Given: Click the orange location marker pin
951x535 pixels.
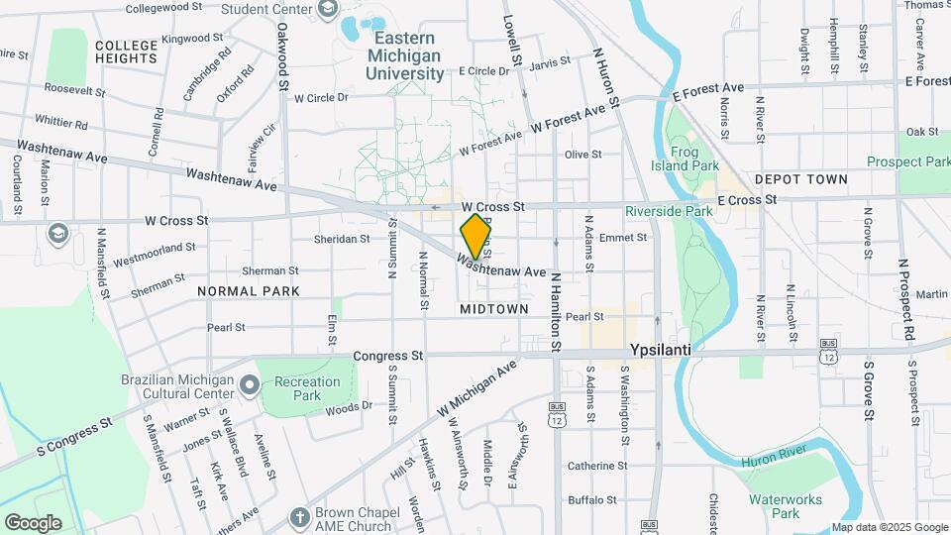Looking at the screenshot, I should point(475,237).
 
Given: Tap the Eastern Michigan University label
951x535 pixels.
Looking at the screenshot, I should point(405,55).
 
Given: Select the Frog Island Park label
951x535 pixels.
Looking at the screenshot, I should point(697,159).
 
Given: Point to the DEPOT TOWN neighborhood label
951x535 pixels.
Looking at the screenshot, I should point(800,179).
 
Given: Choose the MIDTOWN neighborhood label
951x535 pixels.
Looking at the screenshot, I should point(494,309).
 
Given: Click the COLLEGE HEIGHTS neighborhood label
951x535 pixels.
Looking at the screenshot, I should point(126,52).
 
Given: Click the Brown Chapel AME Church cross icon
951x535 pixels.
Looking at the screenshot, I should point(300,516).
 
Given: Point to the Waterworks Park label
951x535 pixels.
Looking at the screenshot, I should point(774,506).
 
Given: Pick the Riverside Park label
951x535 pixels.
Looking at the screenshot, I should point(669,211).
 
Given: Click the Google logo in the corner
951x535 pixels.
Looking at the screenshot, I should point(33,522).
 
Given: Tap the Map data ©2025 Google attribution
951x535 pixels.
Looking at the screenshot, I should point(889,527).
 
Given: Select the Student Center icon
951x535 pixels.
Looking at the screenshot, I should point(328,10).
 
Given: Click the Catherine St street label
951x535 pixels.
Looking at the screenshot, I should point(597,466).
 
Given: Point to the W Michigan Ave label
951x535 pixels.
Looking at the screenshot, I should point(477,387).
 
